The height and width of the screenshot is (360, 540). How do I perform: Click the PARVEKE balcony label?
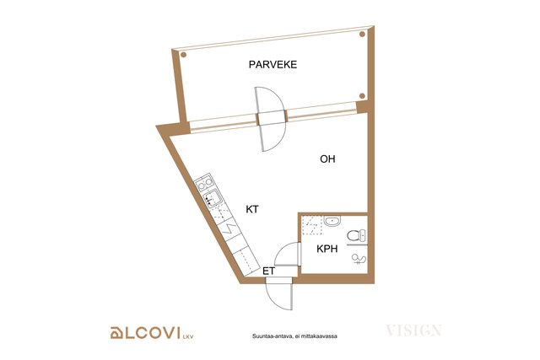(273, 65)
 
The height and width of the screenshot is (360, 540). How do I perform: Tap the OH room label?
(327, 159)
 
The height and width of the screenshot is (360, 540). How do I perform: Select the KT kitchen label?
(252, 209)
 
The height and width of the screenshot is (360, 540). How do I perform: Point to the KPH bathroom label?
(327, 249)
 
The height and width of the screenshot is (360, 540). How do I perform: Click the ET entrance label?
(268, 271)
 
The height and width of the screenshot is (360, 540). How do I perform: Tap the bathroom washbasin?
(332, 221)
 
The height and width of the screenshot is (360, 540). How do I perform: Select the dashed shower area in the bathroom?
(312, 225)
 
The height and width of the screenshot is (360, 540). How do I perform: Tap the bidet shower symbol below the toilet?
(359, 259)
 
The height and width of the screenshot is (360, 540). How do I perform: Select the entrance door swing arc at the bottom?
(274, 301)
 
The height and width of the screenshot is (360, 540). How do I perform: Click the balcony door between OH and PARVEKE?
(271, 119)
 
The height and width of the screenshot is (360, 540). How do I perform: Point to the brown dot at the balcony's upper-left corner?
(184, 55)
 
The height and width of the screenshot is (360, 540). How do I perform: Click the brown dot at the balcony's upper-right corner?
(362, 34)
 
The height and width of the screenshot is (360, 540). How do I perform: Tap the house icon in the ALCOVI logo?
(116, 333)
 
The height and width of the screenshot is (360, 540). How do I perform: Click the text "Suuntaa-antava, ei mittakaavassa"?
(294, 336)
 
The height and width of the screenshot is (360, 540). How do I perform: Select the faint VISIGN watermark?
(413, 330)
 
